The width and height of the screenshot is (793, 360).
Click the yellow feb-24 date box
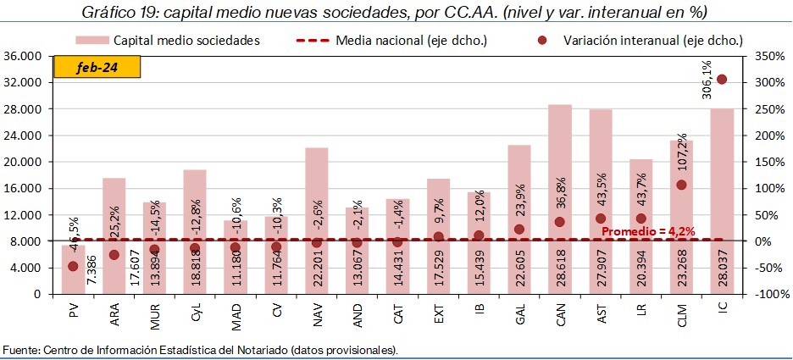(x=86, y=67)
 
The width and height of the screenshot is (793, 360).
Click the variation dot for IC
(x=722, y=80)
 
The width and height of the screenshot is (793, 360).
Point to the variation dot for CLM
(x=681, y=185)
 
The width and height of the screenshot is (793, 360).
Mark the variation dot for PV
(x=73, y=266)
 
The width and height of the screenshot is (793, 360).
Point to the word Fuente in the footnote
(x=20, y=349)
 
